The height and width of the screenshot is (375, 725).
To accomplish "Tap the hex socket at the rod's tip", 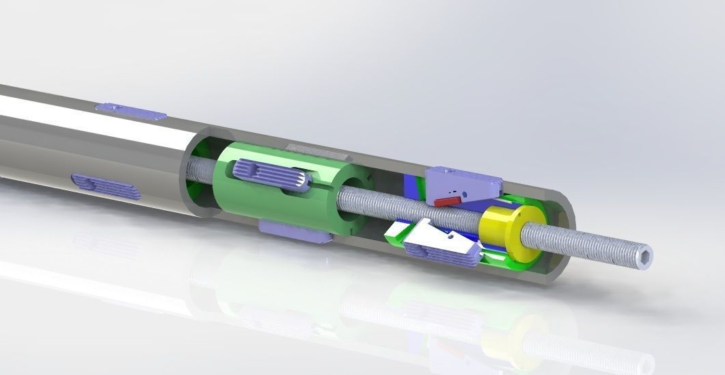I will point(646,257).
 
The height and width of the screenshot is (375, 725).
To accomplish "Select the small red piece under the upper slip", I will point(448,200).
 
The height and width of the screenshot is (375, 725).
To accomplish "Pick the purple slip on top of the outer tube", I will point(130,109).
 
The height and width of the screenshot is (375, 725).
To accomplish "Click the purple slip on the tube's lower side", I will point(106,185).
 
